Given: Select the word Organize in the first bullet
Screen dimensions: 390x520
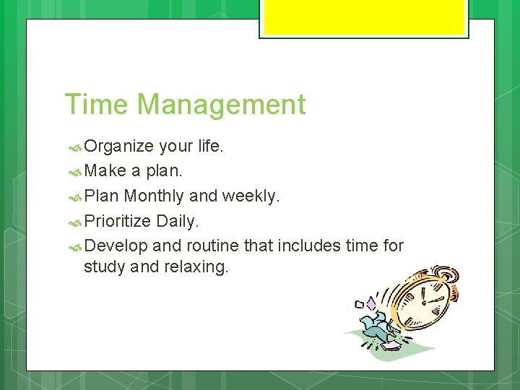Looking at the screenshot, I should point(118,147).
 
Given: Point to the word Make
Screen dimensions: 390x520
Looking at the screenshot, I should point(105,171).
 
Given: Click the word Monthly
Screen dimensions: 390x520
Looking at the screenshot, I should point(154,196).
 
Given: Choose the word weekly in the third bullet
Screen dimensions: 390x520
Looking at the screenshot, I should point(250,196).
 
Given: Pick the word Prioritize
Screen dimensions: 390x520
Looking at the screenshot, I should point(118,220).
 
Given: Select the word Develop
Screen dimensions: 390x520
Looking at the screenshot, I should point(116,246).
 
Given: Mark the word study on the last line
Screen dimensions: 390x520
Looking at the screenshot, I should point(104,266).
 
